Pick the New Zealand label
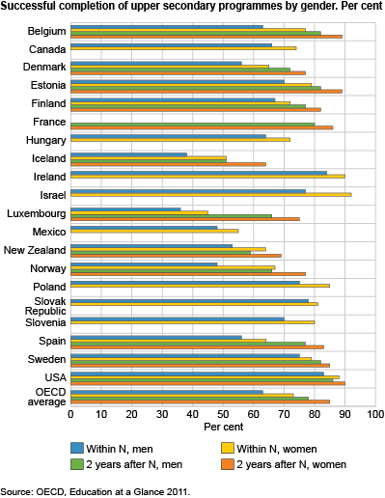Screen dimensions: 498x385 click(x=36, y=249)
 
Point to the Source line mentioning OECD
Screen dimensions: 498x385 click(x=96, y=491)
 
